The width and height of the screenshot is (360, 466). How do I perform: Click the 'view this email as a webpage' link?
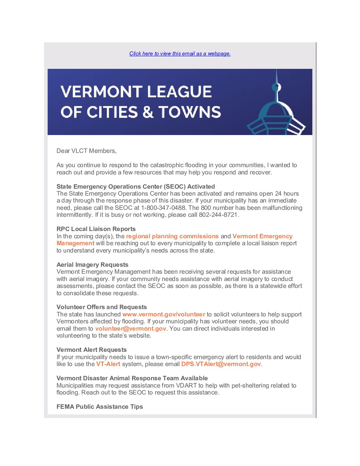coord(180,54)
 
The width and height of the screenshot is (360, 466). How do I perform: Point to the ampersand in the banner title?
coord(148,113)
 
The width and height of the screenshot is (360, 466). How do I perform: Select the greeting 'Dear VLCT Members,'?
coord(86,151)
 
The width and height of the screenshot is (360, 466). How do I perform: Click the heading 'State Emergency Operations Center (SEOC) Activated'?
coord(136,186)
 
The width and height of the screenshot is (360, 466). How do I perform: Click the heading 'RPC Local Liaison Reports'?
coord(96,229)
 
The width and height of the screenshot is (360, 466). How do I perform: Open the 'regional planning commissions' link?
coord(172,236)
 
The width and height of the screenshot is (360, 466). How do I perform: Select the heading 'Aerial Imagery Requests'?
coord(92,265)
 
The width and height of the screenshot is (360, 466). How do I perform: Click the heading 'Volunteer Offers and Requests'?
coord(102,307)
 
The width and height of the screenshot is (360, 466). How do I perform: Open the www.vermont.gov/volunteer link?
coord(163,314)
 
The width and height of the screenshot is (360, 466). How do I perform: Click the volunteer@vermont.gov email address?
coord(130,329)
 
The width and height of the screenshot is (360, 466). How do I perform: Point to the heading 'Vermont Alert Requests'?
coord(92,350)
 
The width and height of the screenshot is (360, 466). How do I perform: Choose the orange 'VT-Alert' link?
coord(108,364)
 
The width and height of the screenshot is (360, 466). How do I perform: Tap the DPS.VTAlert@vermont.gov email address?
coord(221,364)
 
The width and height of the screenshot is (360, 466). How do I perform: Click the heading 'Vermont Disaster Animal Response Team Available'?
coord(132,378)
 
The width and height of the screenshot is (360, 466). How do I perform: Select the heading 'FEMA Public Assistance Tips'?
coord(100,407)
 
